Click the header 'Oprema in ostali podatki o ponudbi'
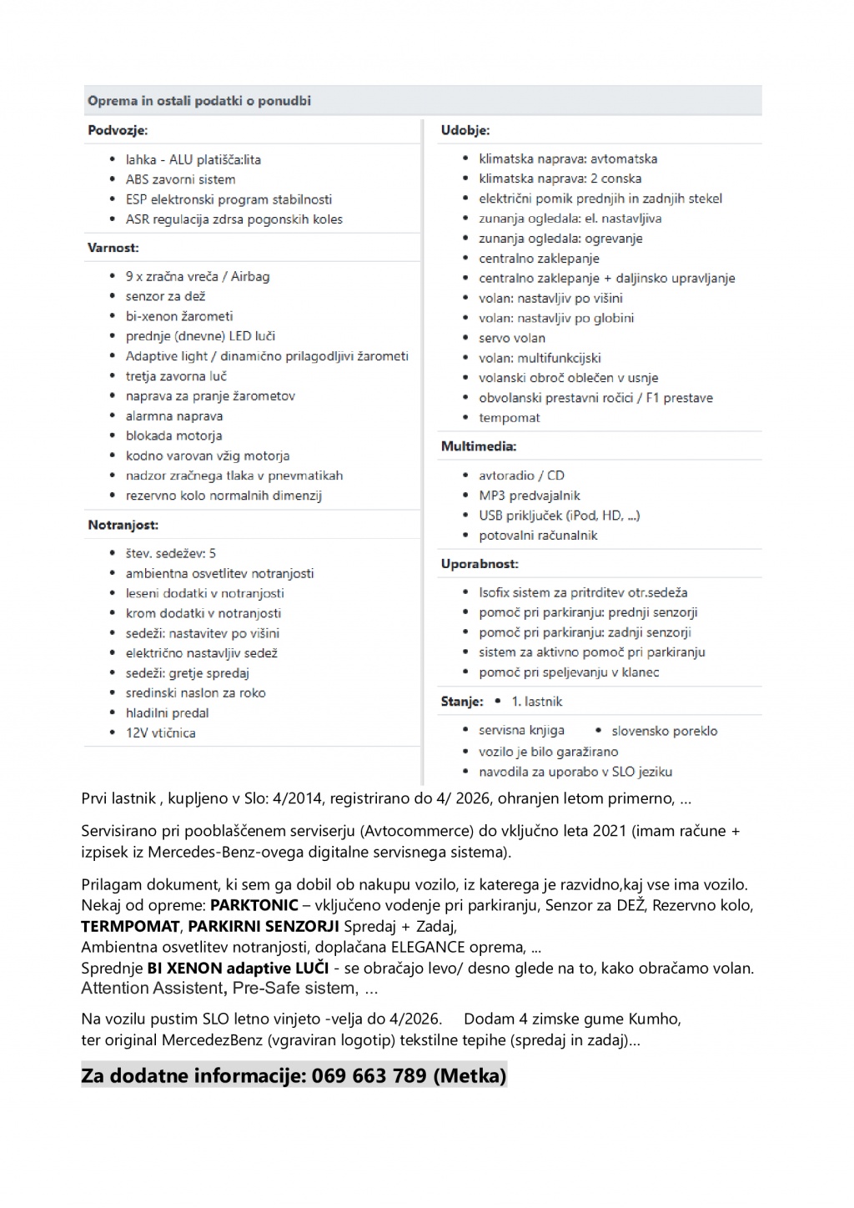coord(199,101)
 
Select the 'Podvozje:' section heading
coord(118,130)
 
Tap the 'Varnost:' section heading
coord(113,248)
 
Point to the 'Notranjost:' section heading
coord(123,525)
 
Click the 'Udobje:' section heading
coord(465,130)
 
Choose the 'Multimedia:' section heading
coord(479,446)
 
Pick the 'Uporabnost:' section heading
coord(480,564)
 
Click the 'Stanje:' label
coord(462,702)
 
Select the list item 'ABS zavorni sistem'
coord(180,179)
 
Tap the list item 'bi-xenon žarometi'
coord(179,316)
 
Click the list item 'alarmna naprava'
coord(174,415)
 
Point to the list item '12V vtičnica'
coord(161,732)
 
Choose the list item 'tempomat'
coord(510,418)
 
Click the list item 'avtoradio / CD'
coord(521,476)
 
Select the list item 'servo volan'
coord(512,338)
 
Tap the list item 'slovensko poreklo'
coord(664,731)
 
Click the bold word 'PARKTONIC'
coord(254,905)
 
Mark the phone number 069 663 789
coord(369,1076)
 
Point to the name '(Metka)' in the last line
coord(470,1076)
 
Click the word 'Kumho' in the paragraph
coord(659,1019)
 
